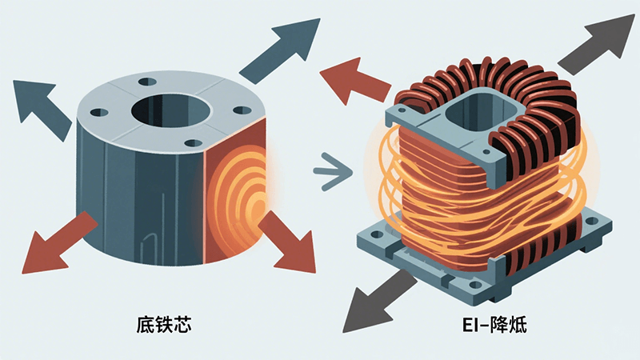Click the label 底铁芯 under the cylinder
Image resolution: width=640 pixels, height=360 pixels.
tap(163, 325)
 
